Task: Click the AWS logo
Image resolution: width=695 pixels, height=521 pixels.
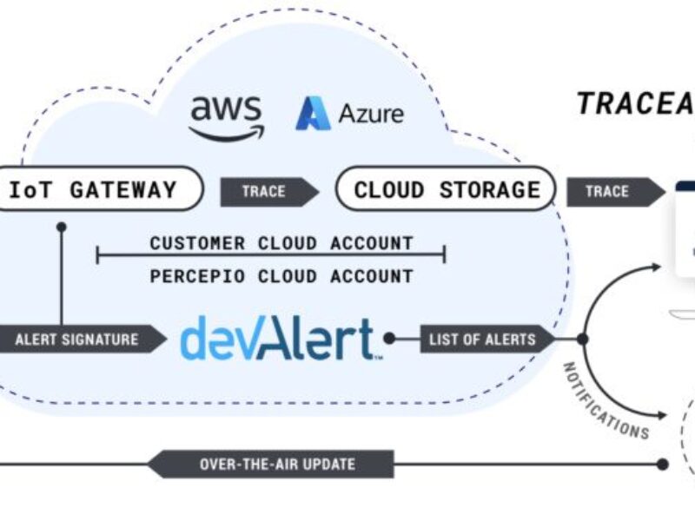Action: (227, 117)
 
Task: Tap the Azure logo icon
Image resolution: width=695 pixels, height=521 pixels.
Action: (313, 114)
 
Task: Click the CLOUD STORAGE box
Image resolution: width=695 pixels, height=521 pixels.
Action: (446, 189)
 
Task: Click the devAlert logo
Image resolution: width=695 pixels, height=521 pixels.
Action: (278, 339)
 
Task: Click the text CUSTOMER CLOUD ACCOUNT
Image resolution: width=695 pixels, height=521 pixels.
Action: (281, 242)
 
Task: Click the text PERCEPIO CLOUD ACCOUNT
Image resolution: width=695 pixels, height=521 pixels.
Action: (281, 276)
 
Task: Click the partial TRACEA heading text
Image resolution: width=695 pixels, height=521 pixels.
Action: (635, 103)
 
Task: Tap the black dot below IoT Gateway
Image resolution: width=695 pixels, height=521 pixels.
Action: (62, 227)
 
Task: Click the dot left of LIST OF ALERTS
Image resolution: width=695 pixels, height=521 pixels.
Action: (390, 339)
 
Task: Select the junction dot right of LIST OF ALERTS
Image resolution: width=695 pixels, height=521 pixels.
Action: (582, 339)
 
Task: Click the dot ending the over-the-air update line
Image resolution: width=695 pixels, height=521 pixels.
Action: (663, 464)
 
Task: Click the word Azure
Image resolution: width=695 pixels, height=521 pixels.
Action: (371, 114)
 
